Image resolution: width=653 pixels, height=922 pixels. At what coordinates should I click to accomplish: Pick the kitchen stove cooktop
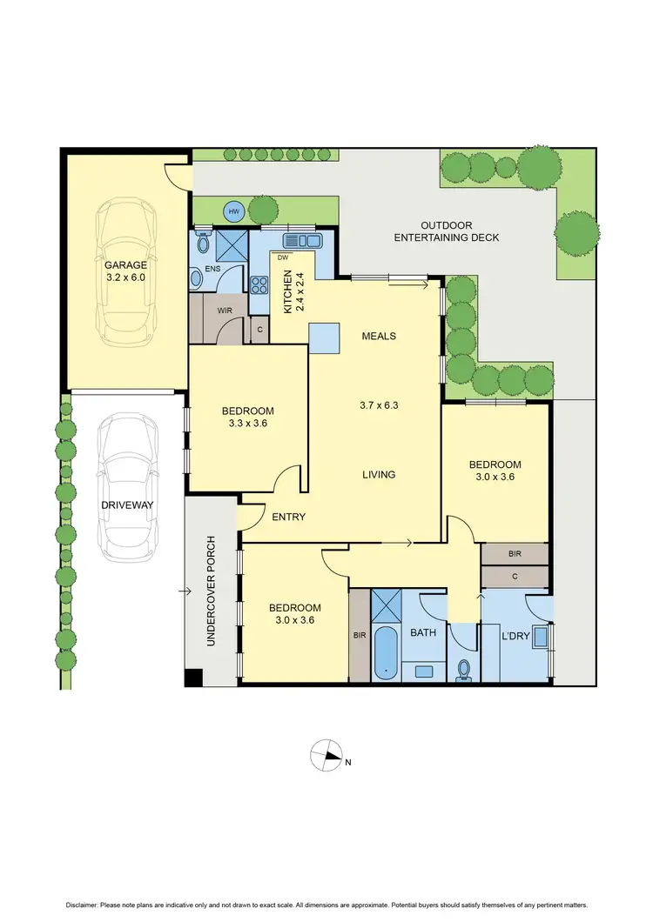[x=259, y=286]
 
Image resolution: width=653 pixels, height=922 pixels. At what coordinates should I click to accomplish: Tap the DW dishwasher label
[x=283, y=257]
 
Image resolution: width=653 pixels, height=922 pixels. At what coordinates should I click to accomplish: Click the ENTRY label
[x=289, y=517]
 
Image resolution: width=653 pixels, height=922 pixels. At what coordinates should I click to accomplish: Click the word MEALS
[x=380, y=336]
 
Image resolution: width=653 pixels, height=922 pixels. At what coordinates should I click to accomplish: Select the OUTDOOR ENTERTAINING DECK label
[x=447, y=230]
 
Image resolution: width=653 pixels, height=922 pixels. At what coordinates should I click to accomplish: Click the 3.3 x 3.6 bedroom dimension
[x=248, y=424]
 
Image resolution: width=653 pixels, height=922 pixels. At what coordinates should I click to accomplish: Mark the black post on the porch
[x=193, y=677]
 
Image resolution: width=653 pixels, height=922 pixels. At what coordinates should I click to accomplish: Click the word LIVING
[x=380, y=475]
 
